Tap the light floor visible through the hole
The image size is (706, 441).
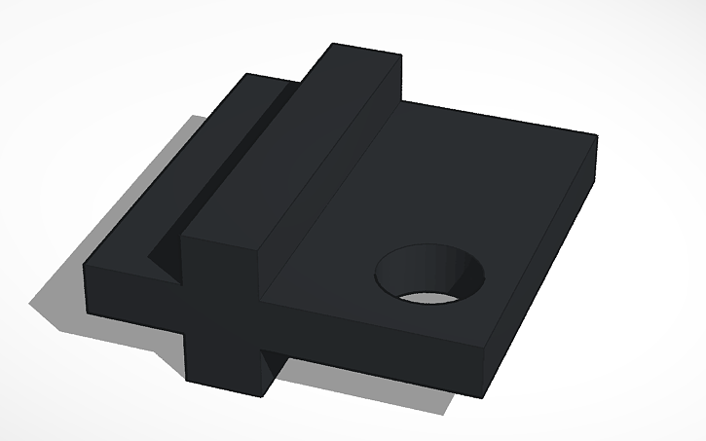click(x=433, y=295)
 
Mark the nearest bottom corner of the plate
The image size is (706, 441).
click(x=483, y=395)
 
